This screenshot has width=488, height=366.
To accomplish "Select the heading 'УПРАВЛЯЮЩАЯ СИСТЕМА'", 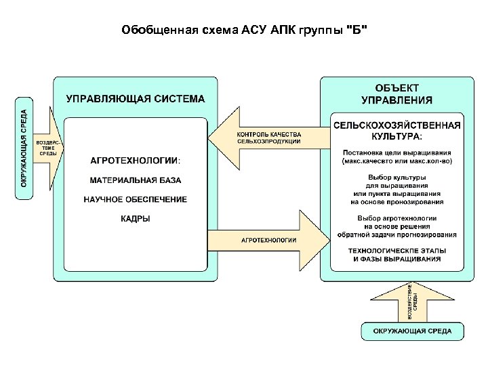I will (135, 99).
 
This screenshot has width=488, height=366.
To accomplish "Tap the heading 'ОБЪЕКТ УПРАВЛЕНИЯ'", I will (396, 94).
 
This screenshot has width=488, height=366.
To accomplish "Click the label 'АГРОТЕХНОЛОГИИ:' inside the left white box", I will (136, 160).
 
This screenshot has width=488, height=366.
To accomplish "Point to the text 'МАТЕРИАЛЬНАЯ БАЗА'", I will (136, 180).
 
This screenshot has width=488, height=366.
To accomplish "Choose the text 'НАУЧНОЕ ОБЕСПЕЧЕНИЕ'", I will (136, 199).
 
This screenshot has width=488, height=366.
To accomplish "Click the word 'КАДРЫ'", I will (136, 218).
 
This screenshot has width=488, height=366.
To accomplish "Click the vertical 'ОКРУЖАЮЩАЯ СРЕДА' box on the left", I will (24, 148).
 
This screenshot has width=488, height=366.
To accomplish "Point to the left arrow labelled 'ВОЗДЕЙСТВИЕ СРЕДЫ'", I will (49, 147).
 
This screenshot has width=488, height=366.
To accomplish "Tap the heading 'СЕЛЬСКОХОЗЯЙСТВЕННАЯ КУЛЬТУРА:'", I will (396, 130).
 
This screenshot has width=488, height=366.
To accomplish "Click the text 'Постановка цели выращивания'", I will (396, 152).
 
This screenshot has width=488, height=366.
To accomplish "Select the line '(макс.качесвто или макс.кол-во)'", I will (396, 161).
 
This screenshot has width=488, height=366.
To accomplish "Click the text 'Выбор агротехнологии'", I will (396, 218).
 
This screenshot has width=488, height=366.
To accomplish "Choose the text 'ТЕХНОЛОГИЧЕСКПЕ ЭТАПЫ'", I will (396, 251).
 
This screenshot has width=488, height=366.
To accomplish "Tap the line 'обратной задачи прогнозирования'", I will (396, 235).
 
